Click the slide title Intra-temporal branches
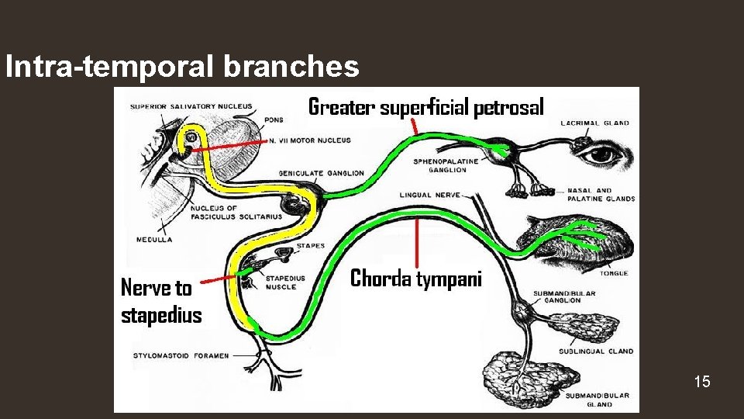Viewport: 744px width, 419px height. (182, 67)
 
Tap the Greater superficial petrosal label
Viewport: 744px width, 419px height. (426, 106)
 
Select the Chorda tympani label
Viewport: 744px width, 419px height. (416, 279)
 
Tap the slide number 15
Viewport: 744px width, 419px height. (702, 381)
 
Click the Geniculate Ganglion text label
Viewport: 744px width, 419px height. (321, 173)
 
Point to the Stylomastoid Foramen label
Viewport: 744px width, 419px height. (181, 355)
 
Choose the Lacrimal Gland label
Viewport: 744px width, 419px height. (594, 123)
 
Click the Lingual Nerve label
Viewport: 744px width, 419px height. (430, 195)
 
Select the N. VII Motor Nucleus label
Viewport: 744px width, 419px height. (310, 140)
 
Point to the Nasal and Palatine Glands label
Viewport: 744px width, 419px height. (601, 194)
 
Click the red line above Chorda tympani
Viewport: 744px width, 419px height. (418, 241)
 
